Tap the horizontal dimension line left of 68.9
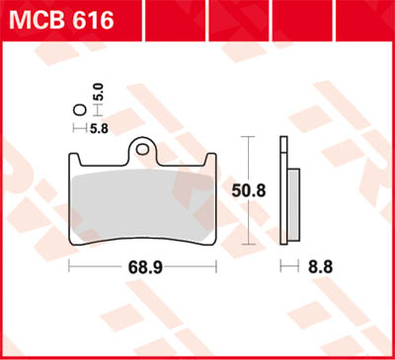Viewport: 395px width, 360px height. [94, 267]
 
